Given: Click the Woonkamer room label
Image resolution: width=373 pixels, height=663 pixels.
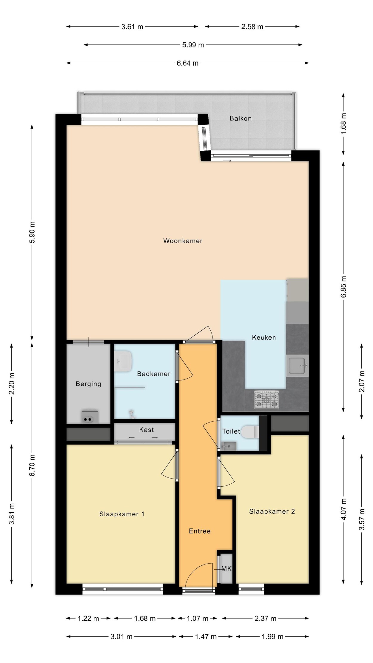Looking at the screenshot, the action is (183, 241).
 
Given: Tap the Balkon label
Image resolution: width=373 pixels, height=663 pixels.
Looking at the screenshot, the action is (241, 118).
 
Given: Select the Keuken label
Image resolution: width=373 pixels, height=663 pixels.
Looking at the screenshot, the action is (264, 337).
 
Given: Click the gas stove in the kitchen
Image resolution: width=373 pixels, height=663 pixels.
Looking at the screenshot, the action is (266, 400).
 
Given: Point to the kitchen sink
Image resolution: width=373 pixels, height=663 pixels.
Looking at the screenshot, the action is (297, 366).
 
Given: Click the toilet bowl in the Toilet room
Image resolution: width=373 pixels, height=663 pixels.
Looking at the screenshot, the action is (250, 432).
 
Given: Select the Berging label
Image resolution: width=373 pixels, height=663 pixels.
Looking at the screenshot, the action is (88, 384).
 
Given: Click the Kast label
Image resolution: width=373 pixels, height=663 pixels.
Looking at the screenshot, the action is (147, 430).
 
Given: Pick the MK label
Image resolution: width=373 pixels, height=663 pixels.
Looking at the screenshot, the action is (226, 569).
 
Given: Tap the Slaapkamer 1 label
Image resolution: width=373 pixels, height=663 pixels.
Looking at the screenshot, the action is (122, 514).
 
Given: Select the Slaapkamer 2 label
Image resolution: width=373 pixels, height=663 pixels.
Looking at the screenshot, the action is (272, 511).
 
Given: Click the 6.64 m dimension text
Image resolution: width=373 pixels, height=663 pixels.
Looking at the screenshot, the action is (187, 63).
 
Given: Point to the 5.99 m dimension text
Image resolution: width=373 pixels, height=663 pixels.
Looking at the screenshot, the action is (193, 45).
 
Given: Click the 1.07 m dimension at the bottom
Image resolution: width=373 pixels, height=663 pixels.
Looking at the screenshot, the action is (198, 619).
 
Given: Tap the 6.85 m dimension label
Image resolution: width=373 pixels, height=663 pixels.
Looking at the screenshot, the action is (344, 286).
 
